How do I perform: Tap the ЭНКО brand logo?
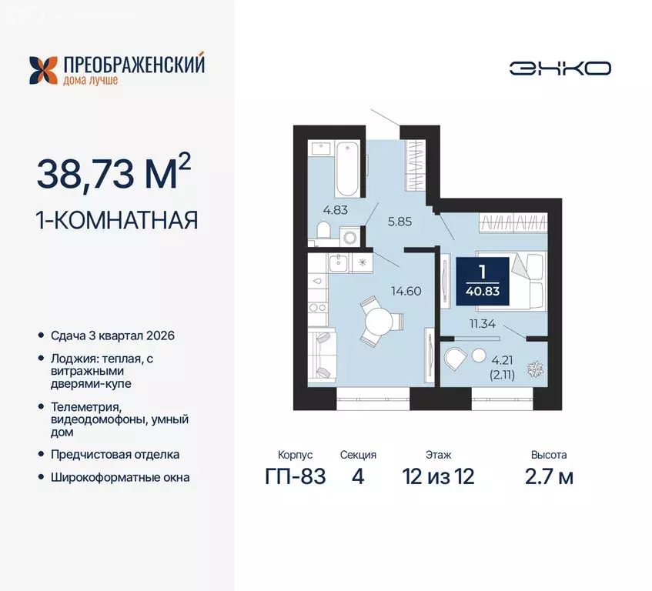click(x=560, y=68)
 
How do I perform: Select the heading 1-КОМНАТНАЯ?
click(x=117, y=220)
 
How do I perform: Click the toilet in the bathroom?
click(x=324, y=230)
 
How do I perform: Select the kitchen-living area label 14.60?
click(x=407, y=292)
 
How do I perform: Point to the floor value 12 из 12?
click(x=437, y=477)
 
